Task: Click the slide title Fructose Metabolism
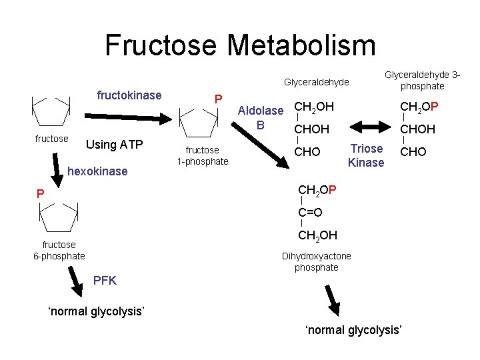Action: [240, 45]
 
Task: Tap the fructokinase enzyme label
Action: [129, 95]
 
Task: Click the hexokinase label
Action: [98, 171]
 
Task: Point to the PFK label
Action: [105, 281]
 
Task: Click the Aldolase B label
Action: [261, 117]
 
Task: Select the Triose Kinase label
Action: [366, 155]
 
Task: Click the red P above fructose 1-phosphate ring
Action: [217, 99]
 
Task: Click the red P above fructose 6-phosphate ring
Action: [41, 194]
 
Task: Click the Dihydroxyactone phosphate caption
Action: [316, 261]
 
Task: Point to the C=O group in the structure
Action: [310, 213]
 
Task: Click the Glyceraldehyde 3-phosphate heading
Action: [422, 81]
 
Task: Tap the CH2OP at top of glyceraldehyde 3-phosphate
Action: [417, 107]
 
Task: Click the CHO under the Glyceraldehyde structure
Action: [307, 152]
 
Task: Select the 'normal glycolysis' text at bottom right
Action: [353, 330]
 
